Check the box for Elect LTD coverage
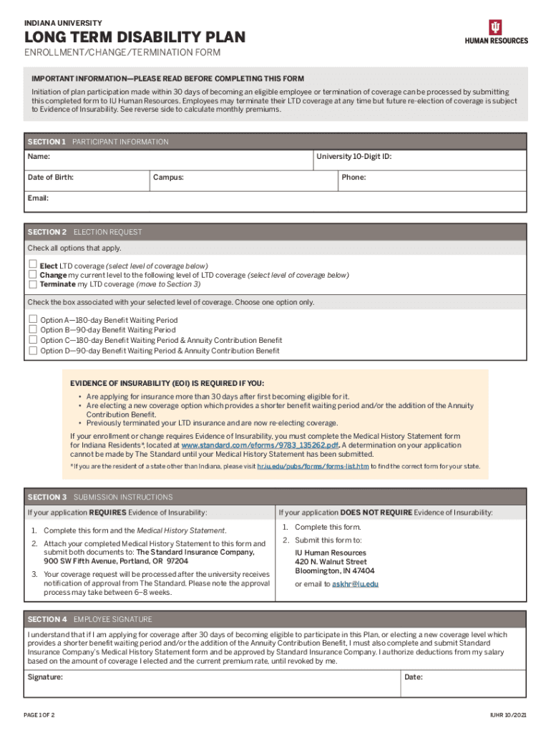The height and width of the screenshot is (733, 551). (x=32, y=265)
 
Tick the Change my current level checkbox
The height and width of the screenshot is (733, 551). (x=32, y=274)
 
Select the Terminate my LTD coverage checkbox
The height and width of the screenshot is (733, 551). (x=32, y=283)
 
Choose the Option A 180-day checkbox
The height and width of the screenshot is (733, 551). (x=32, y=319)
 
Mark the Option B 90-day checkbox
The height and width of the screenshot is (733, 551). (x=32, y=330)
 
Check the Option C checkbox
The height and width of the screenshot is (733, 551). (x=32, y=340)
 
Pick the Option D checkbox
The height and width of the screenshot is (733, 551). (x=32, y=351)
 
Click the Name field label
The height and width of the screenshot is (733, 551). (x=39, y=156)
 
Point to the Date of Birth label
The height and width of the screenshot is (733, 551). (x=50, y=177)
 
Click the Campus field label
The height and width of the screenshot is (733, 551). (x=168, y=177)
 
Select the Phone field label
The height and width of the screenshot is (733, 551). (x=353, y=177)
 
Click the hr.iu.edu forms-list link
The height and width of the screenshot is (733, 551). (x=313, y=466)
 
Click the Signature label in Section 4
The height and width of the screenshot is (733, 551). (x=45, y=676)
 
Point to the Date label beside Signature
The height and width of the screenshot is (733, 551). (x=413, y=676)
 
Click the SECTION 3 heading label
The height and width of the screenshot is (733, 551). (x=47, y=497)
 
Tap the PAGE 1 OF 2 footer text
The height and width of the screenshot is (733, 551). (x=39, y=716)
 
